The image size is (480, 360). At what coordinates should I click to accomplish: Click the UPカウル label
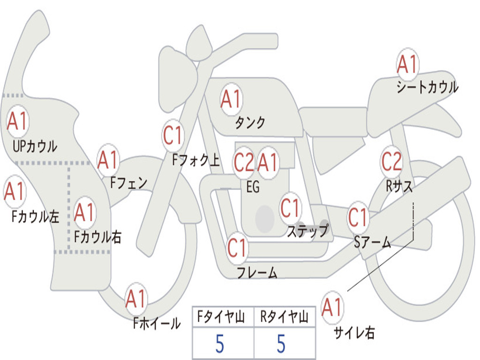pyautogui.click(x=35, y=146)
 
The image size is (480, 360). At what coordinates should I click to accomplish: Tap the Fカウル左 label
pyautogui.click(x=36, y=217)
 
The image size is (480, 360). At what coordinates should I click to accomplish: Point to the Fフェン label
pyautogui.click(x=129, y=182)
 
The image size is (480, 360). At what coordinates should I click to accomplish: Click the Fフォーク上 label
pyautogui.click(x=196, y=161)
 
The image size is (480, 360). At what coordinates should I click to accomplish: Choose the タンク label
pyautogui.click(x=250, y=123)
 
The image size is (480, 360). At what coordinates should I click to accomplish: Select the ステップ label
pyautogui.click(x=307, y=231)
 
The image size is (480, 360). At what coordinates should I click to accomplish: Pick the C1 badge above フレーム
pyautogui.click(x=237, y=248)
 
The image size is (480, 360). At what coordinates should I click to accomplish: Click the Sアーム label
pyautogui.click(x=372, y=242)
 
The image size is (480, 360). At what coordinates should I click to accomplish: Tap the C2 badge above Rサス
pyautogui.click(x=391, y=161)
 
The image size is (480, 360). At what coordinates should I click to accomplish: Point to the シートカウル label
pyautogui.click(x=427, y=88)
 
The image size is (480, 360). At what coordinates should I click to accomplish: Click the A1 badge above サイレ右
pyautogui.click(x=332, y=307)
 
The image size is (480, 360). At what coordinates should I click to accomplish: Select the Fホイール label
pyautogui.click(x=157, y=323)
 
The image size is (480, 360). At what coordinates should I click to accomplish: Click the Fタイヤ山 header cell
pyautogui.click(x=222, y=317)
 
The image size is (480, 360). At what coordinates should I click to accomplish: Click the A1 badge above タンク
pyautogui.click(x=231, y=99)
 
